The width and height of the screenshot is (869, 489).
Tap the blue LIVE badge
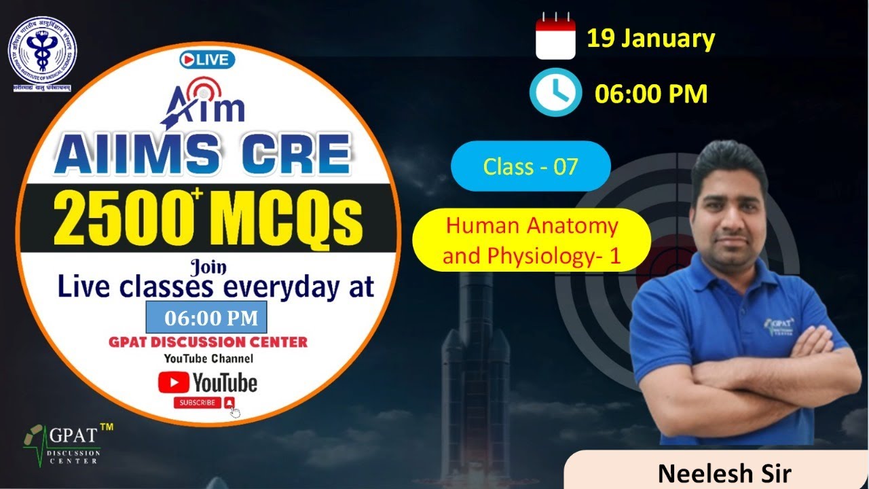pos(207,60)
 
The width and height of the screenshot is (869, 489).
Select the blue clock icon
pos(555,93)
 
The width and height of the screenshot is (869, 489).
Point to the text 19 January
pos(650,39)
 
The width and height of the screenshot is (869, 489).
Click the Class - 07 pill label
pos(530,166)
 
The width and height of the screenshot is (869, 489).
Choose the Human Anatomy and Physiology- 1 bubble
pos(532,240)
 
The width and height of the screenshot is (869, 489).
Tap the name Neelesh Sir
pos(724,473)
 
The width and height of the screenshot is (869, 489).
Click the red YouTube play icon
pos(172,382)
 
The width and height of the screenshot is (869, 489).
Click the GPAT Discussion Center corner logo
pos(62,443)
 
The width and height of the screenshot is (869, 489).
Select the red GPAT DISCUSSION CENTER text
pos(208,342)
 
